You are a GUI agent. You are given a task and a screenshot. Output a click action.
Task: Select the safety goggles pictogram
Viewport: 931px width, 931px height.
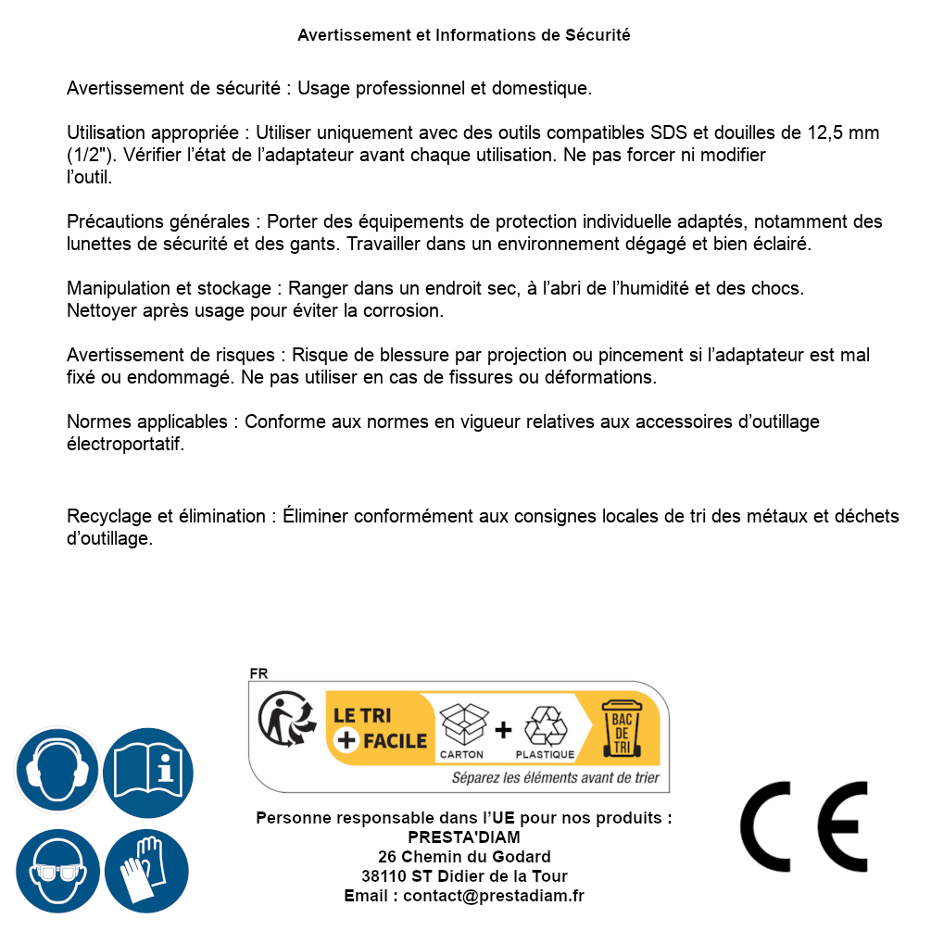[x=57, y=872]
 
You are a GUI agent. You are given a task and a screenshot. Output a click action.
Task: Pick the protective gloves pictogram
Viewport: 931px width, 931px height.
[x=148, y=872]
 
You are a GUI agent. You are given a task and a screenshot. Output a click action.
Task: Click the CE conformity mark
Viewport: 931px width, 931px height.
[x=804, y=827]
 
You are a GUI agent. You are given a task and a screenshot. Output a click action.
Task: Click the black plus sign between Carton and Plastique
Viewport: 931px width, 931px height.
[x=503, y=730]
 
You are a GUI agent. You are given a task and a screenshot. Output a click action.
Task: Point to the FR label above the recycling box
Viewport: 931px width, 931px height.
[x=258, y=673]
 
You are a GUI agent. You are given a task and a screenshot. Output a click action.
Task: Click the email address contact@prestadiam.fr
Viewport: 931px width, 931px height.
[x=494, y=896]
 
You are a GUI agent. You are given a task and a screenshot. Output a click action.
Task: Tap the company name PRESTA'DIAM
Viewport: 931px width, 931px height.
[x=463, y=837]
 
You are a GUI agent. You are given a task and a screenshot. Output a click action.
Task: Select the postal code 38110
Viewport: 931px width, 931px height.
[x=383, y=876]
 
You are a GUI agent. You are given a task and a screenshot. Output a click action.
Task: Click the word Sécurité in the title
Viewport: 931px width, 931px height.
[x=598, y=35]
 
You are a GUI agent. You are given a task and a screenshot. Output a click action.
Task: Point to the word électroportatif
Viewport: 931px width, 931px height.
[x=125, y=444]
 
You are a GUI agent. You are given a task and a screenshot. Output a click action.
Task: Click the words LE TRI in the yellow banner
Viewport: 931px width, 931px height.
[x=362, y=716]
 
